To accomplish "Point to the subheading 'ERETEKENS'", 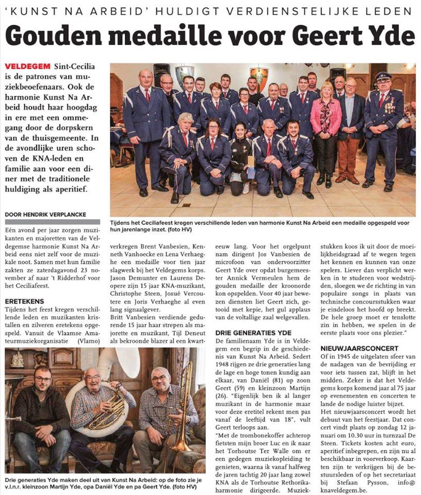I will coord(24,301).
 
